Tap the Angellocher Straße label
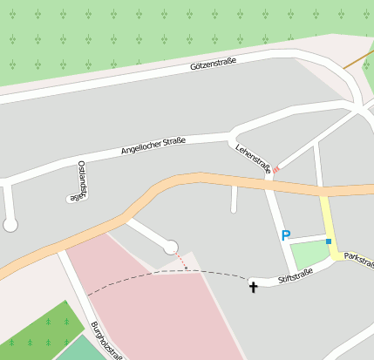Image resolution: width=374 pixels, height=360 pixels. tap(153, 145)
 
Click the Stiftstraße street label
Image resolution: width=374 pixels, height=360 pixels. tap(295, 279)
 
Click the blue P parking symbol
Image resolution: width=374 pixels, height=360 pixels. tap(285, 235)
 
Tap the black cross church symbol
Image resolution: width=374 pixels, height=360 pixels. tap(254, 285)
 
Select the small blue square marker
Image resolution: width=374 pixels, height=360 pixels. tap(329, 241)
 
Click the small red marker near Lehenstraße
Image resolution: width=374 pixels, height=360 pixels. tap(275, 170)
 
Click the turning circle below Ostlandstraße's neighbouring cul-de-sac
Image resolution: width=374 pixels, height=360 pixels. tap(10, 225)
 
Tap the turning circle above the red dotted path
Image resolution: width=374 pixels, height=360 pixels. tap(171, 248)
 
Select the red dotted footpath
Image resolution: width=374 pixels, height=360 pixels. tap(180, 260)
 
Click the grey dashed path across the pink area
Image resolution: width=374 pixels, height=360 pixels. tap(157, 274)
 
